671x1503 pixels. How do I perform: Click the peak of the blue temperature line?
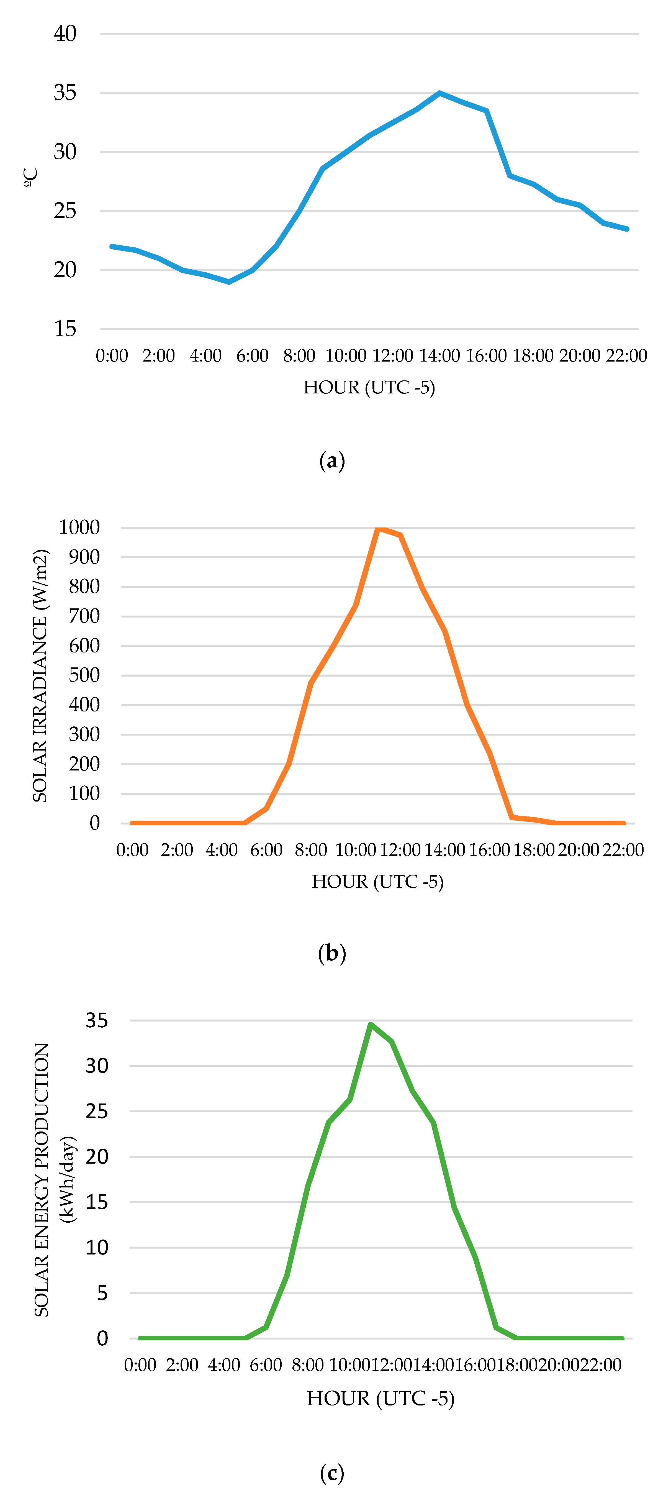coord(439,93)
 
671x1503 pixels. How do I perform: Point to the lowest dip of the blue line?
coord(229,282)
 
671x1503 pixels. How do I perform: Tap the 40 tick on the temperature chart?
coord(65,34)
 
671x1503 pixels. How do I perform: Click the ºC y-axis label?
coord(30,177)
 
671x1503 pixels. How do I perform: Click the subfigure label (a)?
coord(332,461)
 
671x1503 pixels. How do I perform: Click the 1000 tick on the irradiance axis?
coord(79,528)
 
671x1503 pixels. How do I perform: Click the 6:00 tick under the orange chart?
coord(266,849)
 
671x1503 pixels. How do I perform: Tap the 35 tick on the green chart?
coord(97,1020)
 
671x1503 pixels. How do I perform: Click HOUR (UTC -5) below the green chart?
coord(380,1399)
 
